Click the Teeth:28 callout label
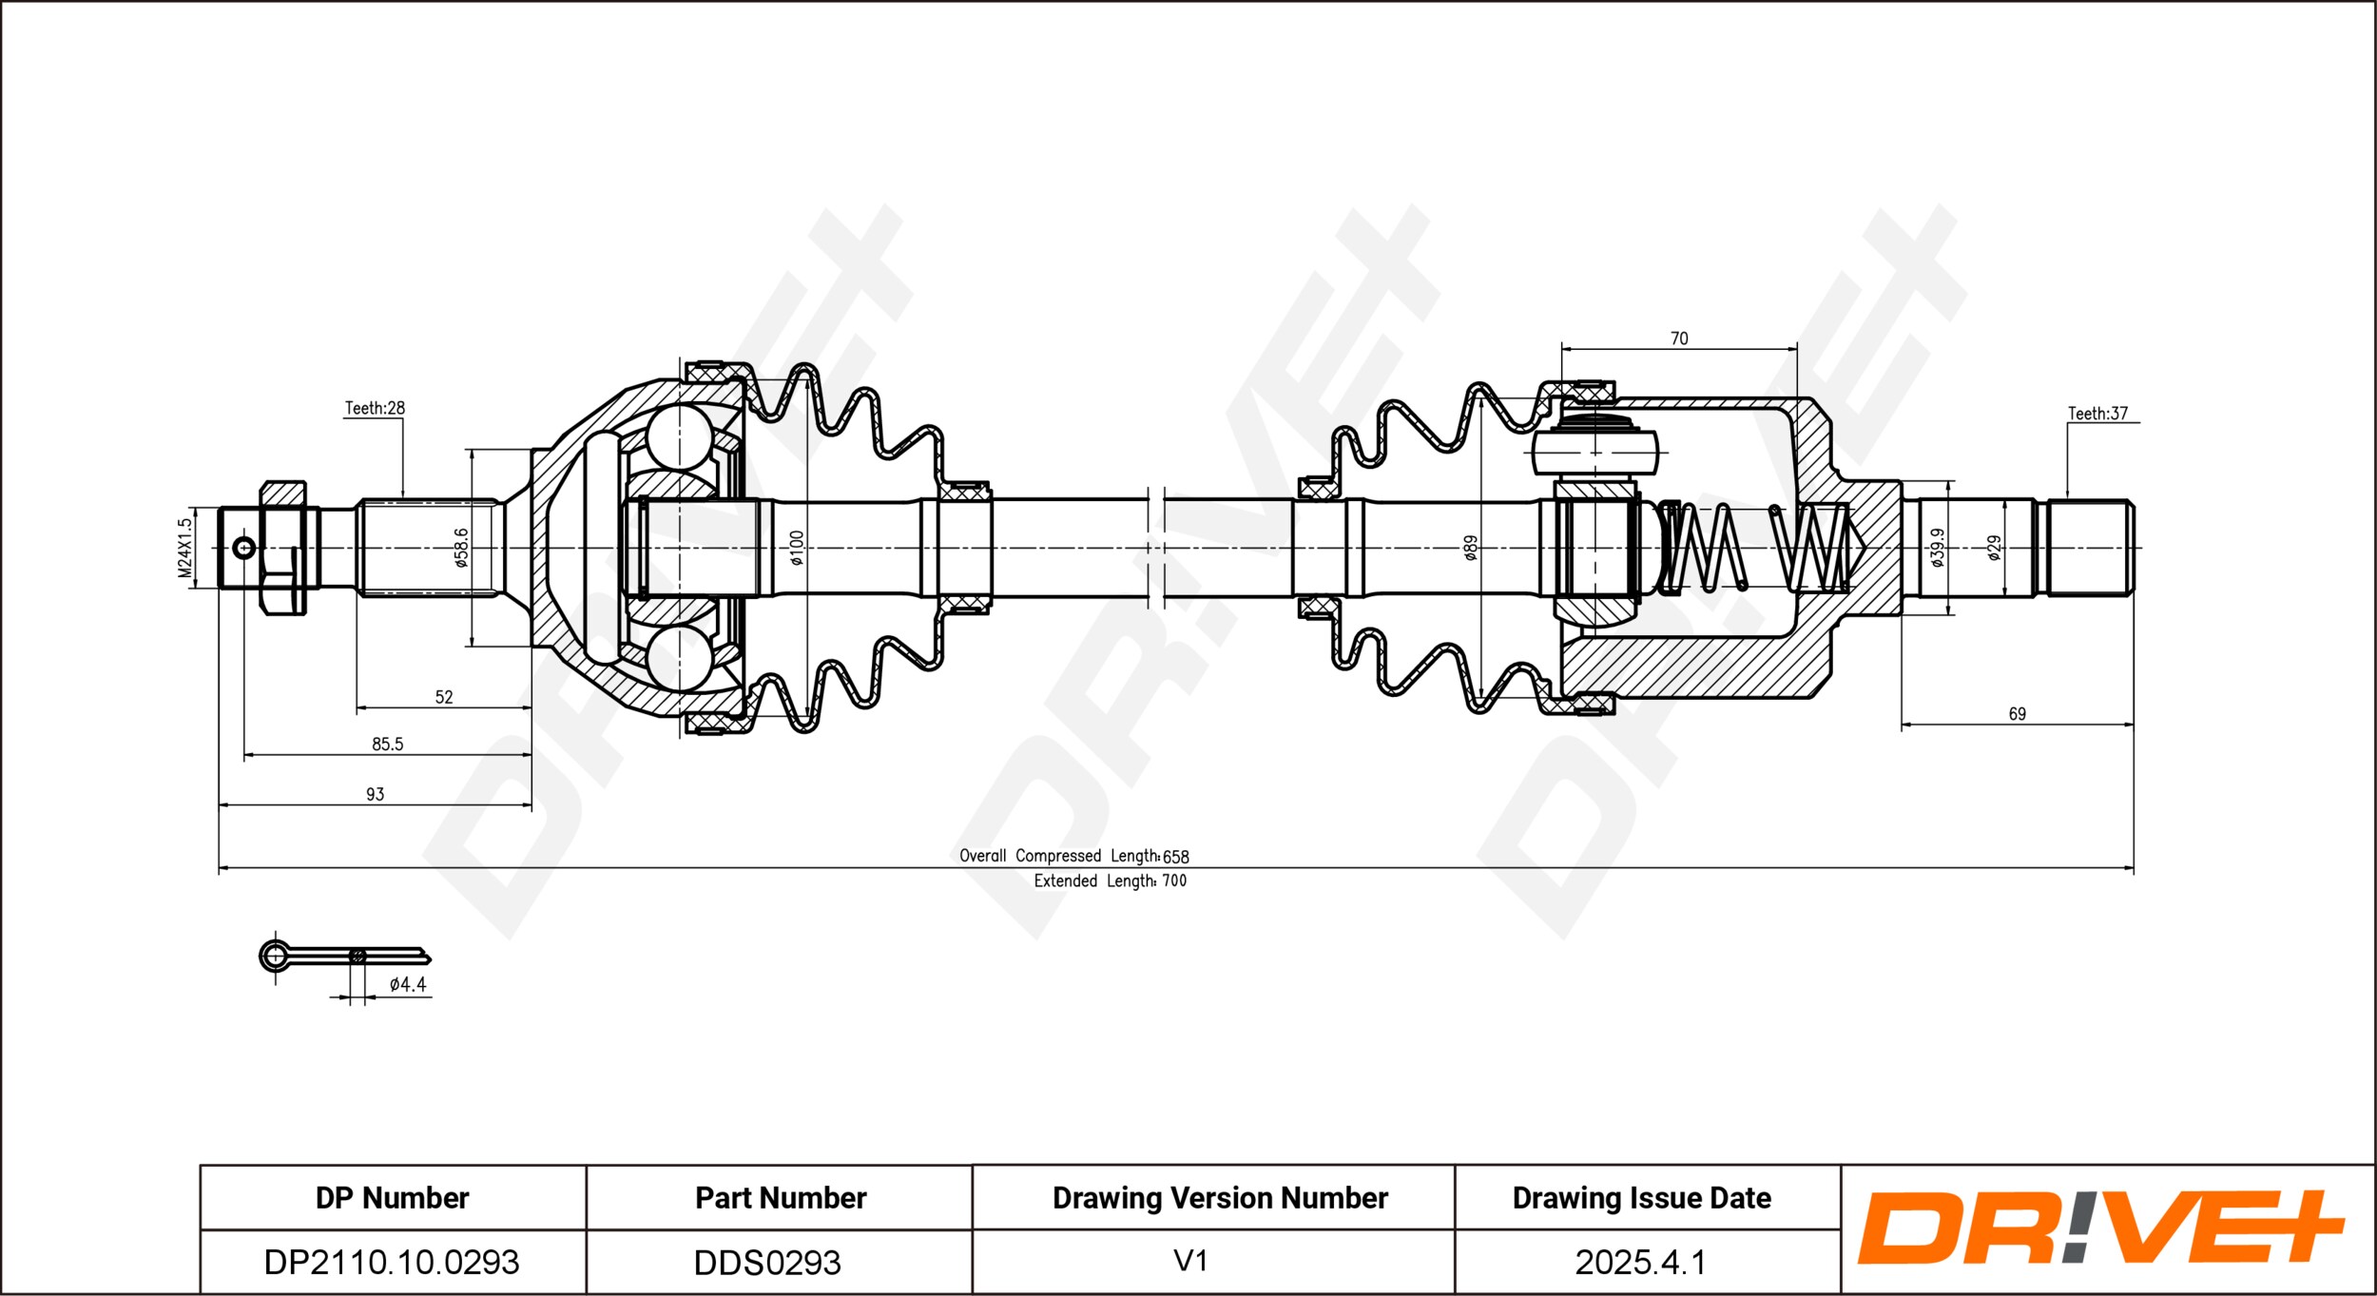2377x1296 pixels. coord(374,408)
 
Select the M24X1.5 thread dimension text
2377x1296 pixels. coord(185,548)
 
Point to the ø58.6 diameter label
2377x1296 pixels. coord(461,548)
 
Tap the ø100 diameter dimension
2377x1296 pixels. coord(797,548)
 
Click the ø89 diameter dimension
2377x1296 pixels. coord(1470,548)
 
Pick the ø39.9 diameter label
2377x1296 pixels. coord(1937,548)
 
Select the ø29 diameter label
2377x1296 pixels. coord(1994,548)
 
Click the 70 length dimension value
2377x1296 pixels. coord(1679,339)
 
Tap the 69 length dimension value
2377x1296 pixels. coord(2017,713)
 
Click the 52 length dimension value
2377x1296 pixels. coord(444,697)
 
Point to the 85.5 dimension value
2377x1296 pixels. coord(387,745)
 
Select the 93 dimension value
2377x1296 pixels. coord(375,794)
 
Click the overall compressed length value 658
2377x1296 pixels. coord(1176,857)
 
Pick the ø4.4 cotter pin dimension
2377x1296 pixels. coord(408,985)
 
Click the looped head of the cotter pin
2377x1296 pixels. coord(275,955)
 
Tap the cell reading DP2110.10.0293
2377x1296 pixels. coord(392,1262)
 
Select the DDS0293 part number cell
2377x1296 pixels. coord(767,1263)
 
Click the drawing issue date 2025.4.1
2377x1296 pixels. coord(1640,1262)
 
